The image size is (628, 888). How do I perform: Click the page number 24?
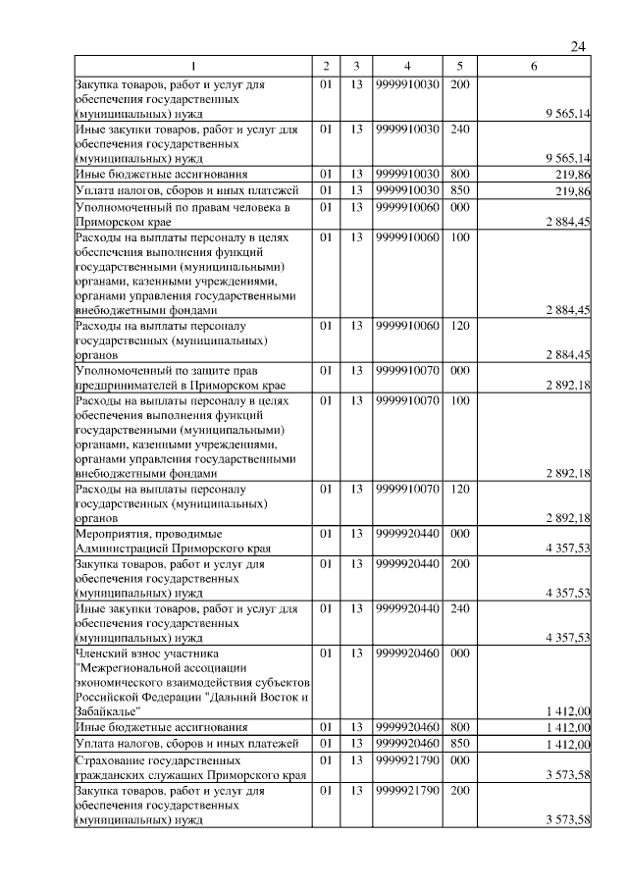(x=578, y=47)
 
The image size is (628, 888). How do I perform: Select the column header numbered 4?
(x=405, y=66)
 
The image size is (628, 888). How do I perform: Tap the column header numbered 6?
(x=533, y=66)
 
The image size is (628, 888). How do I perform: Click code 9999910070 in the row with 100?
(x=405, y=400)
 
